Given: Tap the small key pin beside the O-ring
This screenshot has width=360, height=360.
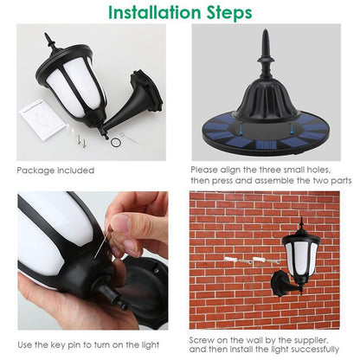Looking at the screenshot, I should pos(129,138).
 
